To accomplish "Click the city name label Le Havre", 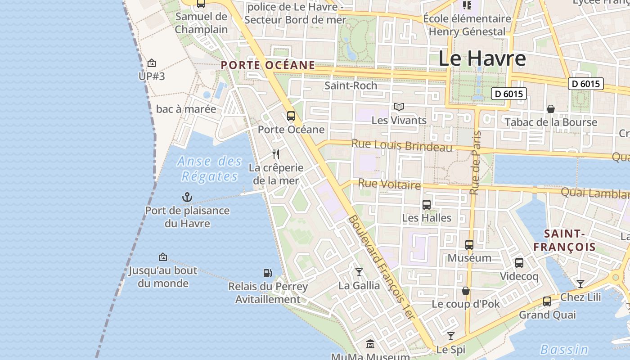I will click(482, 58).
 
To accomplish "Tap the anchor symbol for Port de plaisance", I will click(187, 197).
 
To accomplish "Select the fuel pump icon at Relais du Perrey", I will click(267, 273).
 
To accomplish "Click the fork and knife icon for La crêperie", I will click(276, 154).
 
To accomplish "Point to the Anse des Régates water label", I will click(210, 169).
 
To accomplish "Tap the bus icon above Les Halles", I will click(427, 205).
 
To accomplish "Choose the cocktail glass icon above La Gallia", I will click(359, 272).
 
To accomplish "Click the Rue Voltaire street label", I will click(390, 184).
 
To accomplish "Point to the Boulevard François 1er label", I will click(381, 267).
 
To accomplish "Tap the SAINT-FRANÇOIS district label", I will click(564, 240).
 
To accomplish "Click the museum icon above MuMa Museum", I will click(370, 344).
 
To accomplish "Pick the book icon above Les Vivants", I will click(399, 107).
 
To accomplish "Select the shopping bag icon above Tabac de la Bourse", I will click(550, 109).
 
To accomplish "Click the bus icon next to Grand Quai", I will click(547, 301).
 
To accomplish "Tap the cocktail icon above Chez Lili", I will click(580, 283).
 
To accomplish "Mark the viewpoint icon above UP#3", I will click(152, 63).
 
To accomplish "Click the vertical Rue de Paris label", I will click(476, 163).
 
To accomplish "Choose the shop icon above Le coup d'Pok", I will click(466, 291).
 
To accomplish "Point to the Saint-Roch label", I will click(351, 85).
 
